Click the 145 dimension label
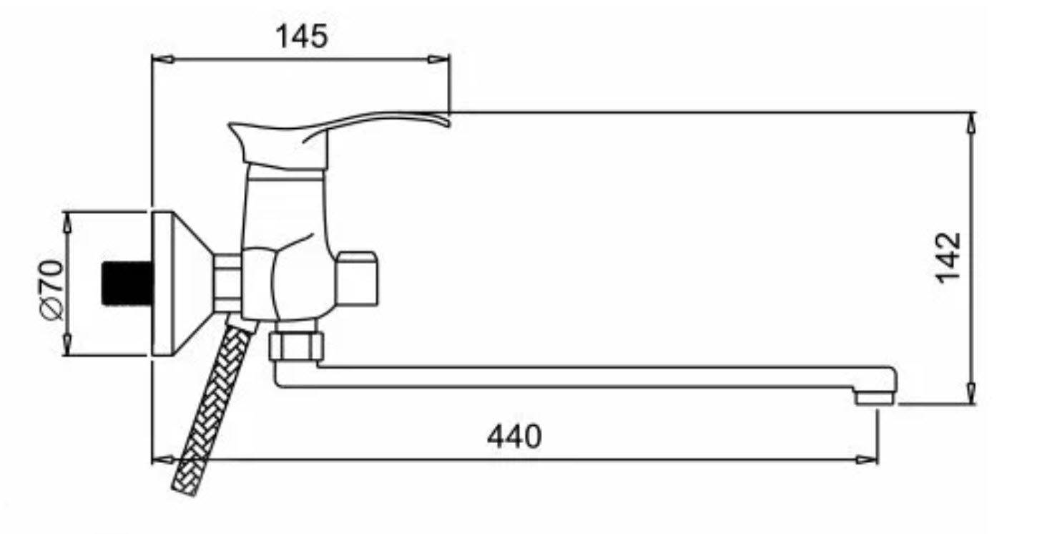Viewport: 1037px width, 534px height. coord(302,37)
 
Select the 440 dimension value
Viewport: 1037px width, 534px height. coord(514,436)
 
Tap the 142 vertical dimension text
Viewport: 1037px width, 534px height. coord(948,258)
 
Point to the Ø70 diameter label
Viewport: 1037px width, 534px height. coord(51,290)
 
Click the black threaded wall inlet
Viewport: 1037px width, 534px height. coord(127,283)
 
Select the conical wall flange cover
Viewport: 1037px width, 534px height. coord(183,283)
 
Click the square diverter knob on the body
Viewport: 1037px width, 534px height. coord(356,278)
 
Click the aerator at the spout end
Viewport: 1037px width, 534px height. coord(874,398)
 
